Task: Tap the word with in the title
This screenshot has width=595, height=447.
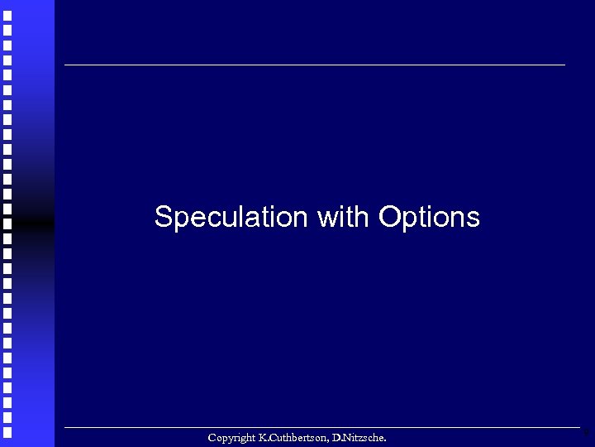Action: point(343,217)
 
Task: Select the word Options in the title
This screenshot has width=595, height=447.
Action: point(429,218)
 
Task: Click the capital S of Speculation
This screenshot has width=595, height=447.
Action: point(162,217)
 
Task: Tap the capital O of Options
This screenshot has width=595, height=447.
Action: point(388,217)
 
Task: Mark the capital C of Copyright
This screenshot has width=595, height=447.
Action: point(212,437)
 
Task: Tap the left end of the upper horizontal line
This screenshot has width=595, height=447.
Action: point(65,65)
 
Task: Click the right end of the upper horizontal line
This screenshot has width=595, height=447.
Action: point(564,65)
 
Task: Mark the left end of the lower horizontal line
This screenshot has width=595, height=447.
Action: point(65,427)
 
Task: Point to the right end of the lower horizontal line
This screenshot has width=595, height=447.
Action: point(578,427)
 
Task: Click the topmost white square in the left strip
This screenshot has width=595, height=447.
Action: point(7,15)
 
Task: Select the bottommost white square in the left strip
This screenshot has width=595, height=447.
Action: point(7,432)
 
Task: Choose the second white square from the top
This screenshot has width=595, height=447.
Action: point(7,30)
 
